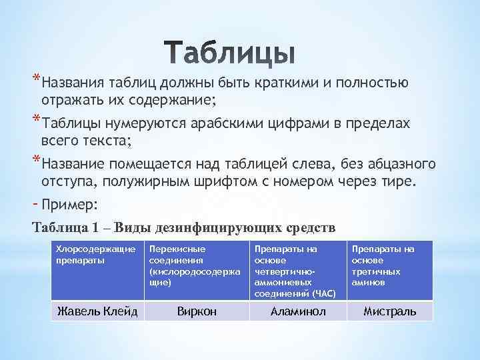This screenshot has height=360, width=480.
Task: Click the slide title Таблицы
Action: point(229,54)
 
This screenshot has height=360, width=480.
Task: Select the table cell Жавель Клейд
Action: point(97,311)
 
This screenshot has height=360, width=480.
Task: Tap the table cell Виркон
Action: point(196,311)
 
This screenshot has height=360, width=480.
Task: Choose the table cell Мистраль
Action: point(389,311)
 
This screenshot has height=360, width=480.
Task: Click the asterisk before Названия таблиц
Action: point(35,81)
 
